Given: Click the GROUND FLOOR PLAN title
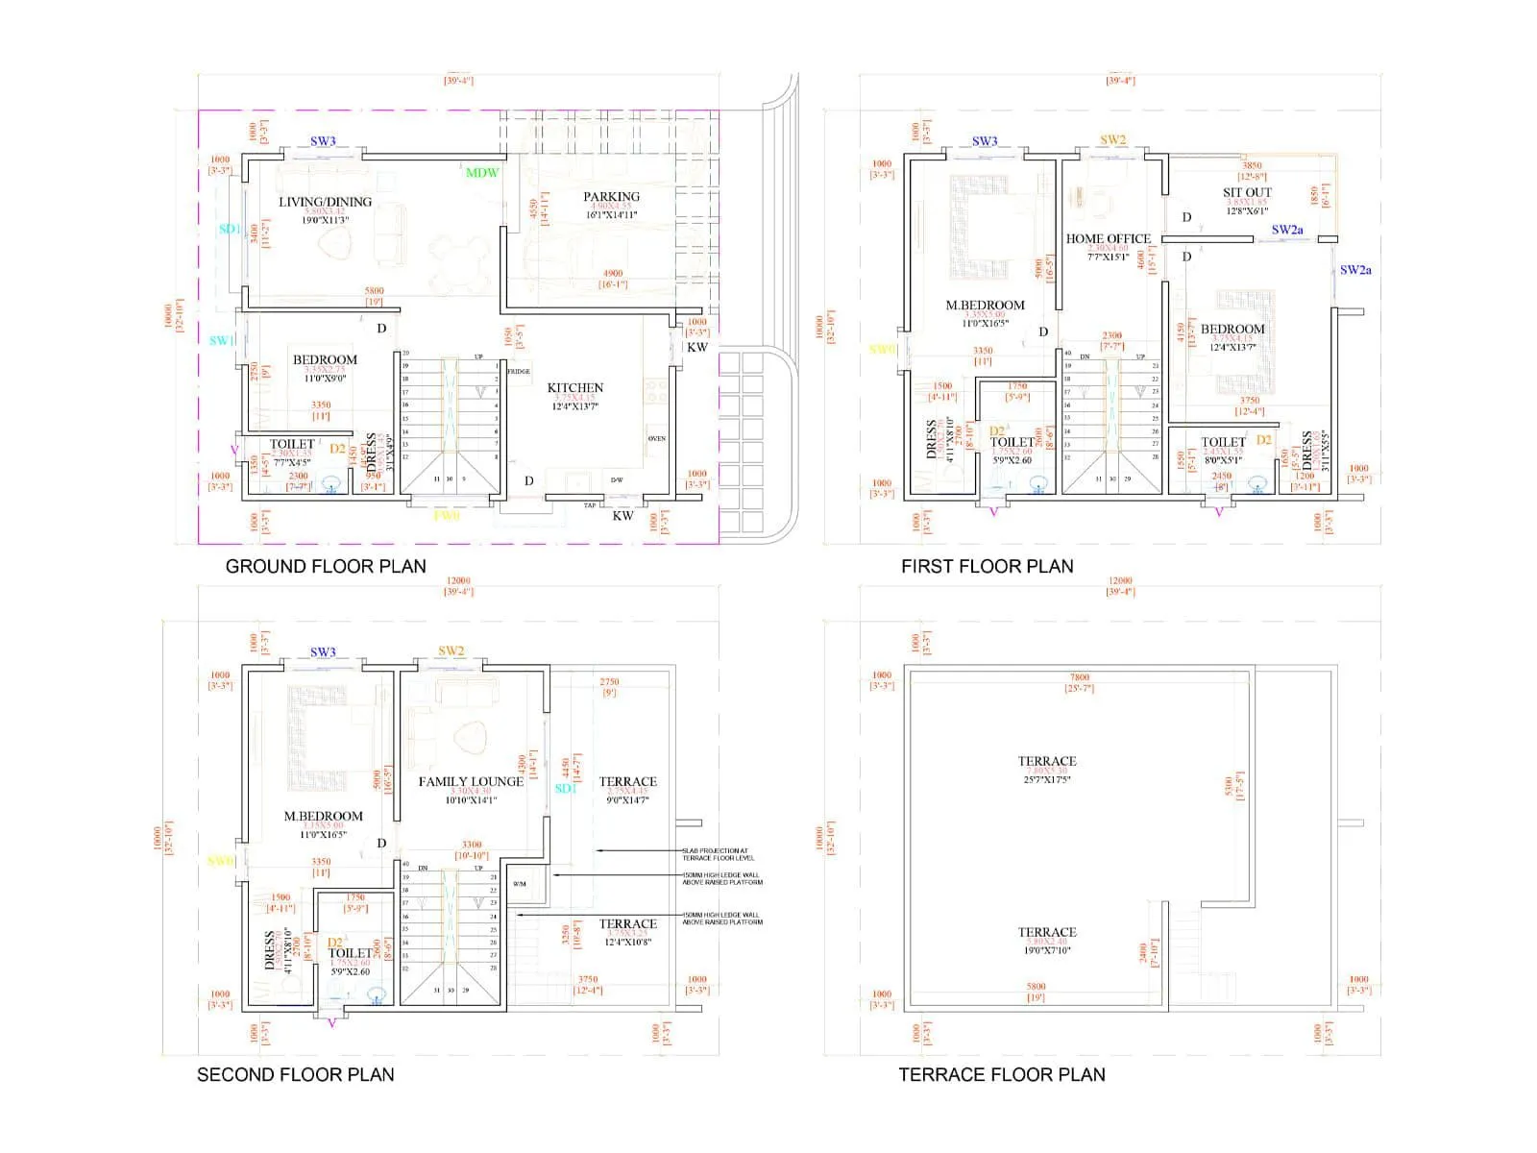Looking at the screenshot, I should [x=326, y=566].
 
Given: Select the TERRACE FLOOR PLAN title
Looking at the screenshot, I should [x=1002, y=1074].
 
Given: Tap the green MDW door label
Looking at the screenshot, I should [x=482, y=173].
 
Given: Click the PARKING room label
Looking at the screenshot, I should [x=611, y=196].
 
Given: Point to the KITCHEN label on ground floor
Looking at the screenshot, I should [x=575, y=387].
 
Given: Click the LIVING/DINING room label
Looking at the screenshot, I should [x=325, y=202].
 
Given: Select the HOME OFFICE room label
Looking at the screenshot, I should [x=1108, y=238].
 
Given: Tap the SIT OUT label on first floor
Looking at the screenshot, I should [x=1247, y=192].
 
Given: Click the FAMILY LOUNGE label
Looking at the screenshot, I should [x=471, y=781].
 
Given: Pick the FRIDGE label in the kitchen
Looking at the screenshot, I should [x=519, y=371].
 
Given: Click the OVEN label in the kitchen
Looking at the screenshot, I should [x=657, y=438].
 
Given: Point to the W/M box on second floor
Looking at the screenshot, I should [x=520, y=883].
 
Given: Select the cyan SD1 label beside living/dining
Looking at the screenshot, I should [x=230, y=229].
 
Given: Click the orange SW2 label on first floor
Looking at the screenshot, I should [x=1112, y=140].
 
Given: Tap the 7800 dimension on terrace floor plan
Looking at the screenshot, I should [x=1080, y=677].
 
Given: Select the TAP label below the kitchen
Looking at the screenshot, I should [x=590, y=505].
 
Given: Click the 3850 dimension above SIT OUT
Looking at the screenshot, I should [x=1252, y=165].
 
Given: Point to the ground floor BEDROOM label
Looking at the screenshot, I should [x=325, y=359].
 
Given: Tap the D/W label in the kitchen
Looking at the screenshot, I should [x=617, y=479].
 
